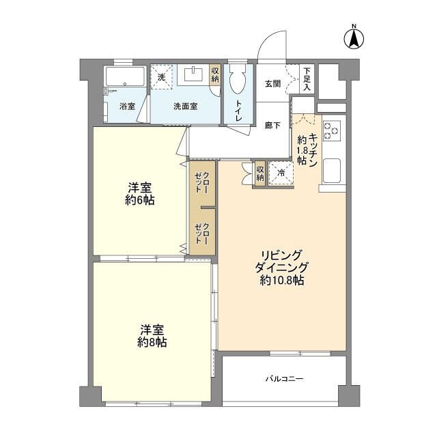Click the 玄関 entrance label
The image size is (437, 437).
[x=272, y=83]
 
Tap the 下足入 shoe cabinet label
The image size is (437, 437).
[x=307, y=79]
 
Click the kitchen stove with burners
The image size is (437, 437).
[x=332, y=130]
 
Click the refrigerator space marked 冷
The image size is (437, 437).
[x=280, y=173]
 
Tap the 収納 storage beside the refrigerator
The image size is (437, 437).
[x=260, y=173]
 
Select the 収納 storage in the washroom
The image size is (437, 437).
[x=215, y=74]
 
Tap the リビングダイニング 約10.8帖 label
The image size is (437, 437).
[x=282, y=266]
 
